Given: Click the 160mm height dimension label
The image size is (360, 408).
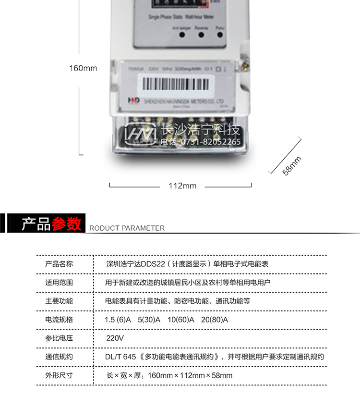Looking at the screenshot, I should (x=83, y=68).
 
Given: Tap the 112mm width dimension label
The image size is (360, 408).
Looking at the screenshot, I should (x=182, y=186).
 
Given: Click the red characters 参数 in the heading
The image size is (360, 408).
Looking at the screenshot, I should (x=67, y=224).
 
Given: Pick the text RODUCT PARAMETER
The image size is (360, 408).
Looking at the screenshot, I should (x=127, y=228).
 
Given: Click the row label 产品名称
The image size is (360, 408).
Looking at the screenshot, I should (x=59, y=264).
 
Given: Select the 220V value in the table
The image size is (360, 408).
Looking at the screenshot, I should (x=115, y=338).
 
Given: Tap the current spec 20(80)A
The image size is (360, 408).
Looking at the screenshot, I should (x=215, y=320).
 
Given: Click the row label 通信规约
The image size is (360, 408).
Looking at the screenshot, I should (x=59, y=357).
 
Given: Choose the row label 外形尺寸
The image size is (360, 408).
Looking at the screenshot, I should (x=59, y=375).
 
